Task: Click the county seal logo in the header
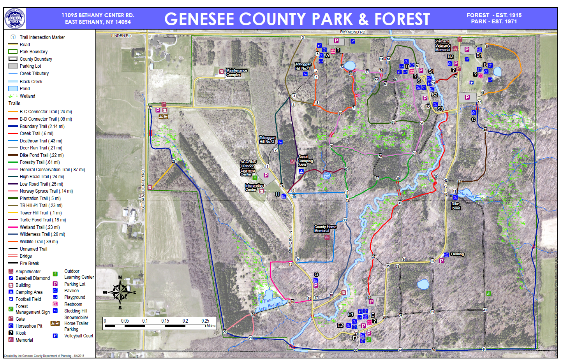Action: pyautogui.click(x=15, y=18)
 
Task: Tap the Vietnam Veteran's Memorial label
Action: pyautogui.click(x=442, y=46)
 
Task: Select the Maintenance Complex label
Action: pyautogui.click(x=236, y=72)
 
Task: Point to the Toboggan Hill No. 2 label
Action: pyautogui.click(x=268, y=140)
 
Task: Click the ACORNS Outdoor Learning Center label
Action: pyautogui.click(x=248, y=168)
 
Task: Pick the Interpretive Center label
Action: pyautogui.click(x=254, y=188)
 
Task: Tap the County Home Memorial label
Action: pyautogui.click(x=325, y=229)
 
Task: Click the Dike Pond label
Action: pyautogui.click(x=456, y=206)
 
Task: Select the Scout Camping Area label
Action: pyautogui.click(x=305, y=161)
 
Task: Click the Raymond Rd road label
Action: pyautogui.click(x=352, y=32)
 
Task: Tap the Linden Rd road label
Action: pyautogui.click(x=121, y=35)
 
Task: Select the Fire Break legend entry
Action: pyautogui.click(x=29, y=263)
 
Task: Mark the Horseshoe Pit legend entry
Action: pyautogui.click(x=28, y=326)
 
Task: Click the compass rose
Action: pyautogui.click(x=120, y=292)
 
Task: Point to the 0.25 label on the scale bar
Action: pyautogui.click(x=205, y=321)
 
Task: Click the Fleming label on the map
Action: pyautogui.click(x=457, y=254)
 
